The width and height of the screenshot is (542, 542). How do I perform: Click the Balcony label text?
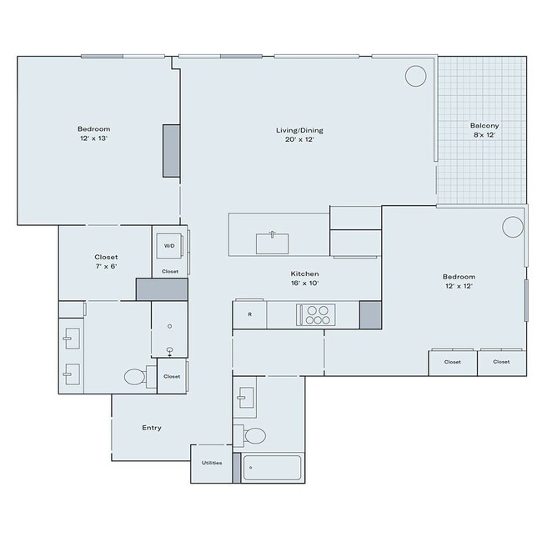(x=484, y=126)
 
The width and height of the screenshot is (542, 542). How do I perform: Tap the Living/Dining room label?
(x=299, y=130)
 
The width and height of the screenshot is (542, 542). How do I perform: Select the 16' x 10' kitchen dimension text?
(x=304, y=284)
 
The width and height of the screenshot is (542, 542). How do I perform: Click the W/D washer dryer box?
(x=169, y=246)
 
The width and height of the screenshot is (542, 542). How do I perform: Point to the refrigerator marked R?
(x=249, y=314)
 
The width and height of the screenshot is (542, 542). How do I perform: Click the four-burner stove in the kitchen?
(x=317, y=314)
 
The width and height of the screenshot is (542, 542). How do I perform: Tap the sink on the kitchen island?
(x=273, y=243)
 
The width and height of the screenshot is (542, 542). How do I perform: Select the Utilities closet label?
(x=211, y=463)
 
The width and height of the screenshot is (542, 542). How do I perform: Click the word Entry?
(x=151, y=428)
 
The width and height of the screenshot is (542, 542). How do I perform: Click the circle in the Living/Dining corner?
(x=415, y=76)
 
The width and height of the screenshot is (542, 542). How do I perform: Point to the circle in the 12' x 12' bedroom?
(x=512, y=227)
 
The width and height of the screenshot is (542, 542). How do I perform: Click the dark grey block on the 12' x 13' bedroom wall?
(x=171, y=151)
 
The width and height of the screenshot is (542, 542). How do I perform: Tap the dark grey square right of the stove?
(x=370, y=314)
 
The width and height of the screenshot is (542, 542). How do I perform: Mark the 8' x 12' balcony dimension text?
(x=484, y=135)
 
